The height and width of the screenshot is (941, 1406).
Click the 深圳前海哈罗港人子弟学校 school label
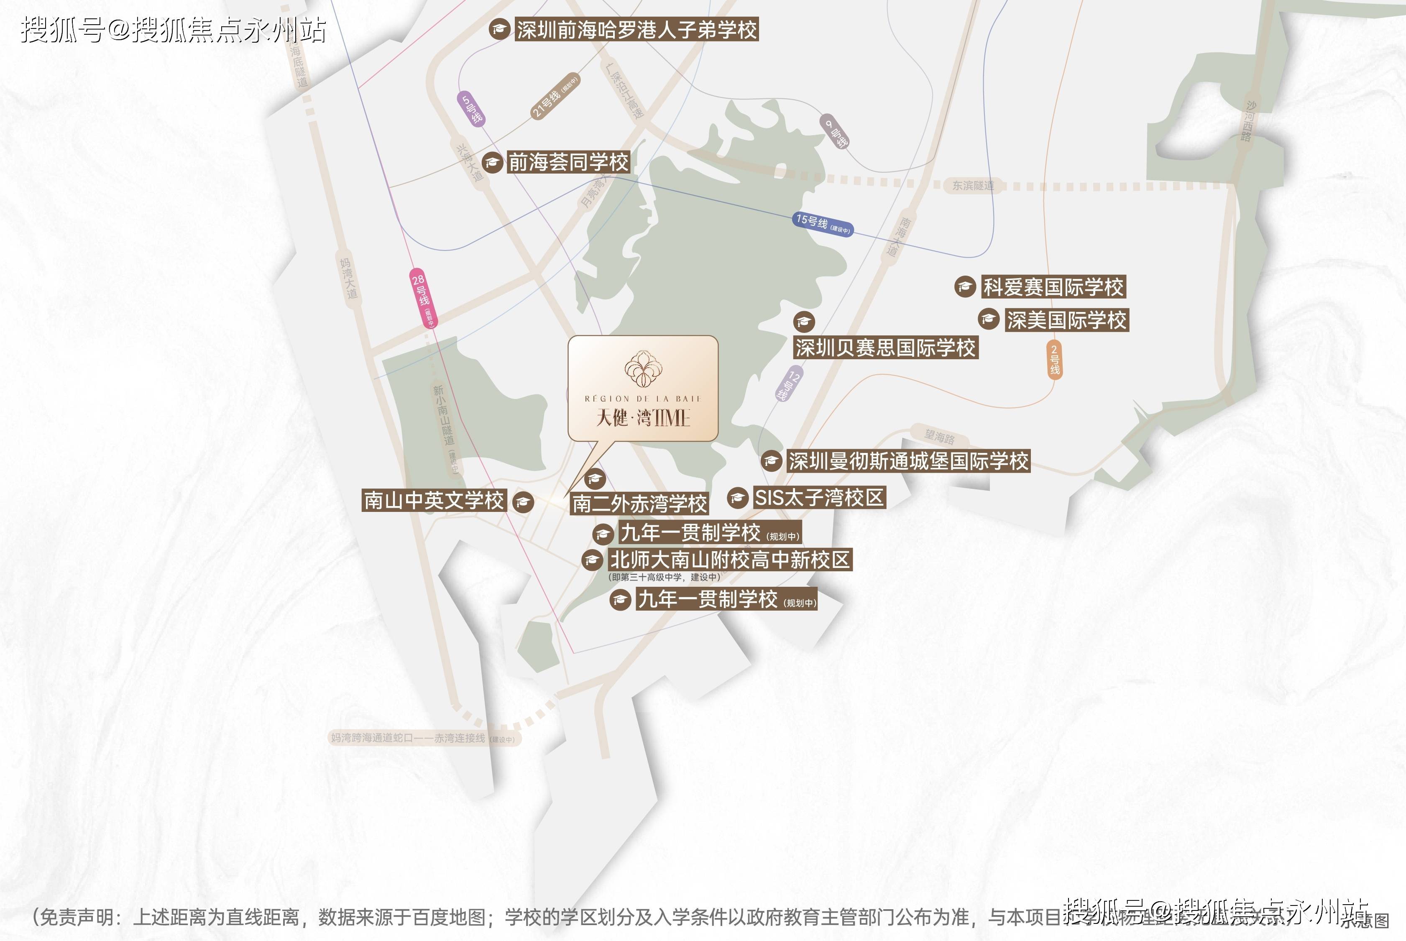tap(637, 29)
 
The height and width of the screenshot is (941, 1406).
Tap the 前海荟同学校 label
tap(568, 162)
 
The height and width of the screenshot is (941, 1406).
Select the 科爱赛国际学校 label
tap(1053, 287)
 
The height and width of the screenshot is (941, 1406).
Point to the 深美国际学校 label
tap(1067, 320)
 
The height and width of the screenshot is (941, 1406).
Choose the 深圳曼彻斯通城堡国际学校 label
tap(908, 461)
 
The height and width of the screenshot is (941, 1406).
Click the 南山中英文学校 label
tap(434, 501)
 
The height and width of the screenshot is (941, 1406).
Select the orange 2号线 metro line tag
tap(1054, 359)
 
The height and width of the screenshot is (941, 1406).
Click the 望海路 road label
tap(940, 437)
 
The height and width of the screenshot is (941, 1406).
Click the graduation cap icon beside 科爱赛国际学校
tap(965, 287)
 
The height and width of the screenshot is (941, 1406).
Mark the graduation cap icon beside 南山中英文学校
tap(523, 502)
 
